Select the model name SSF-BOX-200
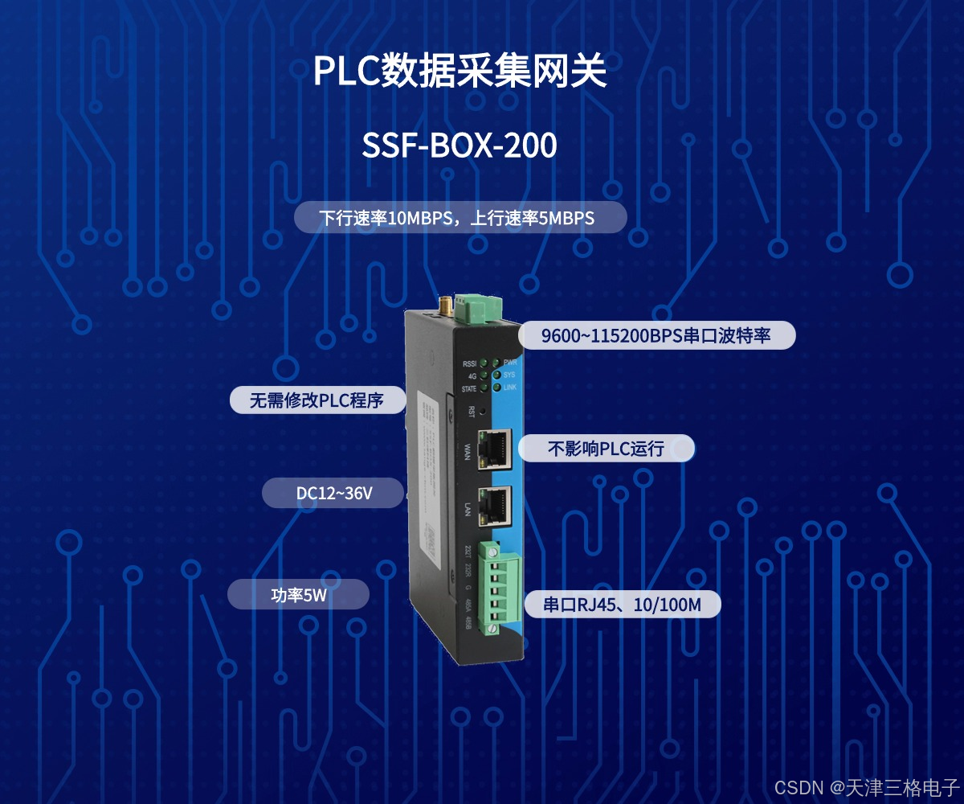(x=459, y=146)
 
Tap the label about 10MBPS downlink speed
(x=459, y=218)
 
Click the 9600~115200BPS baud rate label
(x=656, y=335)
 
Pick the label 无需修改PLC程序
(x=317, y=400)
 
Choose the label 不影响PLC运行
(x=606, y=448)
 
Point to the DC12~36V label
(x=333, y=494)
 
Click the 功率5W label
(x=298, y=595)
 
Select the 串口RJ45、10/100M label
(x=622, y=605)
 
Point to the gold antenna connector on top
(x=443, y=304)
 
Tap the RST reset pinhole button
(x=482, y=411)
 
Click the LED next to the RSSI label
(x=484, y=363)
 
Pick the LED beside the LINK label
(x=496, y=388)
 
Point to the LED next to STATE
(x=484, y=389)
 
